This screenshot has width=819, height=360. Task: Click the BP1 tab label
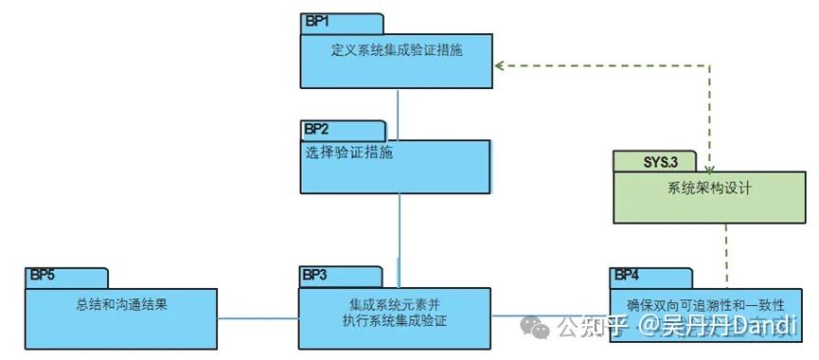click(x=319, y=21)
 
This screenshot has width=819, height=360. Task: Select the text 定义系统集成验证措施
click(x=397, y=49)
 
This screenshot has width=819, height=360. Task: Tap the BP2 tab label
click(x=317, y=129)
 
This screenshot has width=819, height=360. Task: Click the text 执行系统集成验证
click(x=395, y=321)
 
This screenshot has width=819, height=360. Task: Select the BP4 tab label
click(x=627, y=275)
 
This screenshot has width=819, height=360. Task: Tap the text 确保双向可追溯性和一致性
click(x=706, y=305)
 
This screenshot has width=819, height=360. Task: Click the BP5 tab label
click(x=43, y=275)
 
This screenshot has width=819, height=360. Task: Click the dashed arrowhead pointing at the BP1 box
click(x=499, y=66)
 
